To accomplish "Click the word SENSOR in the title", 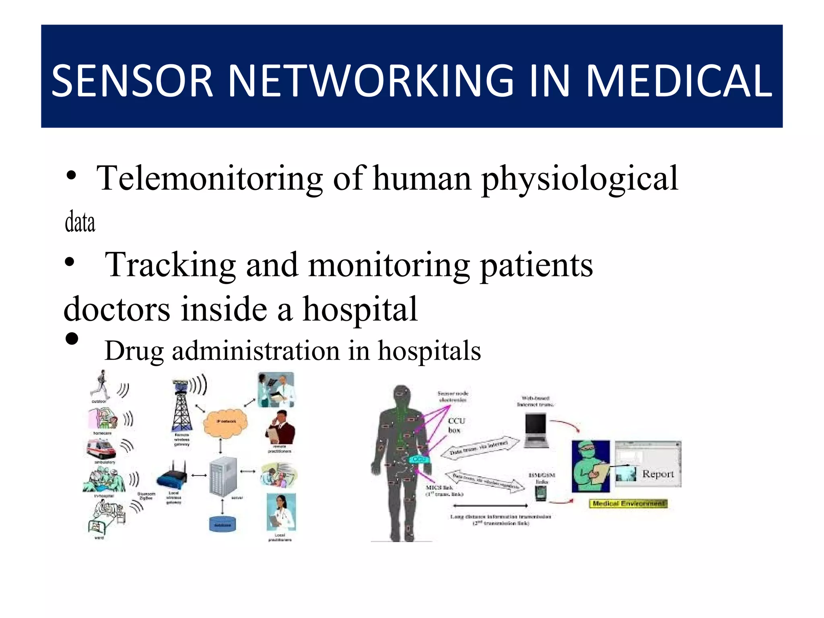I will click(x=132, y=81).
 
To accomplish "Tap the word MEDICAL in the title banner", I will click(x=679, y=81).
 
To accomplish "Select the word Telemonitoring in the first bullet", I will click(x=209, y=178).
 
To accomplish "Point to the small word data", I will click(x=80, y=222).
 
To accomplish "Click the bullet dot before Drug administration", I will click(x=72, y=339).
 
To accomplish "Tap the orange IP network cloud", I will click(x=225, y=422).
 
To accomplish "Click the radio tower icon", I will click(x=181, y=406).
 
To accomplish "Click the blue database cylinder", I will click(x=222, y=524).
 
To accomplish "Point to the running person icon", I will click(x=101, y=385).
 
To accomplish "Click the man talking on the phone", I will click(x=280, y=427).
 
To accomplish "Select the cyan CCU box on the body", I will click(x=419, y=459).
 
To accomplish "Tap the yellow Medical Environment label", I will click(x=628, y=504).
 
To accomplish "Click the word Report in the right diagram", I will click(x=658, y=474).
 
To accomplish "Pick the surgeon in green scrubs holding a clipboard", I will click(x=590, y=467).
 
